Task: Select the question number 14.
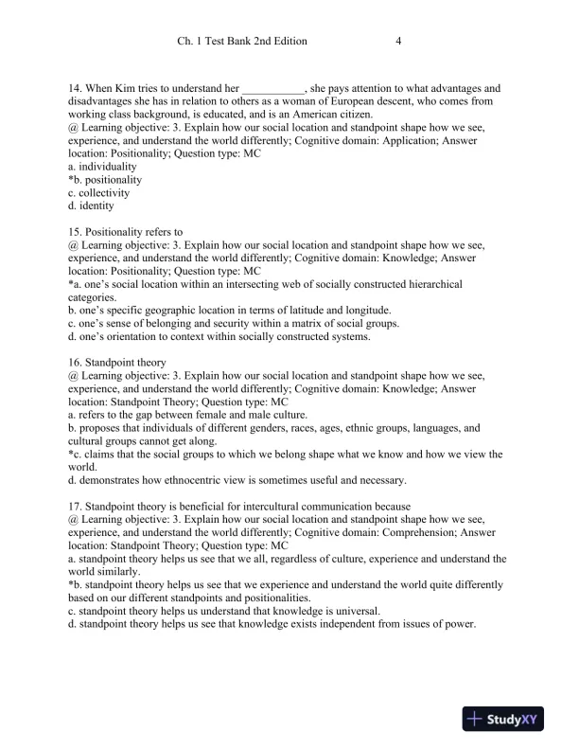tap(76, 88)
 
